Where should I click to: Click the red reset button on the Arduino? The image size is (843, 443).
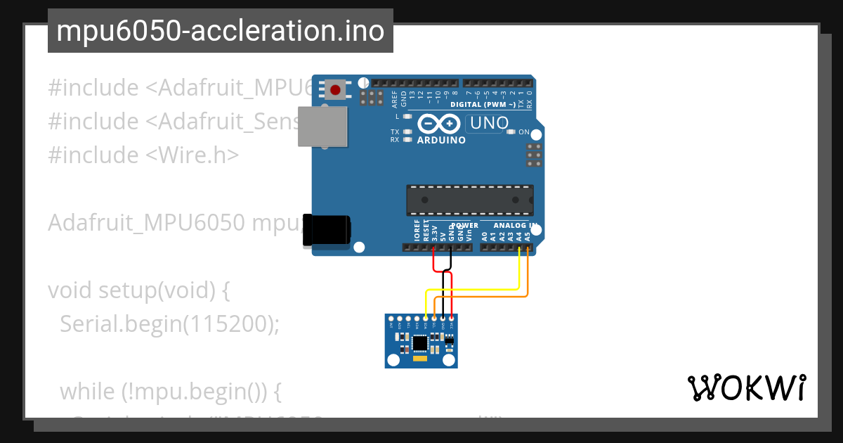click(x=335, y=90)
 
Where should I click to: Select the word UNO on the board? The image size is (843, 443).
click(x=489, y=123)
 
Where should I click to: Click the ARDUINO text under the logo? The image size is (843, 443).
click(x=441, y=140)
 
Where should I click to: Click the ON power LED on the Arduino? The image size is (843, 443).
click(x=513, y=132)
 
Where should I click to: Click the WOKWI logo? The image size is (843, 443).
click(x=746, y=387)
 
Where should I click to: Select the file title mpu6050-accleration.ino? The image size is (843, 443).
click(x=220, y=31)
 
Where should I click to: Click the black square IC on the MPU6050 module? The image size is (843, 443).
click(x=420, y=342)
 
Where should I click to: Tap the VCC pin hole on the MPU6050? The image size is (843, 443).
click(x=452, y=319)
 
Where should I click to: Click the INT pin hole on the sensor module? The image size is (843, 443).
click(x=391, y=319)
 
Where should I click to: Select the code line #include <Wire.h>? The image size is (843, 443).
click(x=143, y=155)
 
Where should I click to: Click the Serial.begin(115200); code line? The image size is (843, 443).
click(x=169, y=323)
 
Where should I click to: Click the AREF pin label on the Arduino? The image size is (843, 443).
click(x=394, y=98)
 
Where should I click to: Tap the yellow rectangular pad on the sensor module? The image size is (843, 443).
click(x=420, y=359)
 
